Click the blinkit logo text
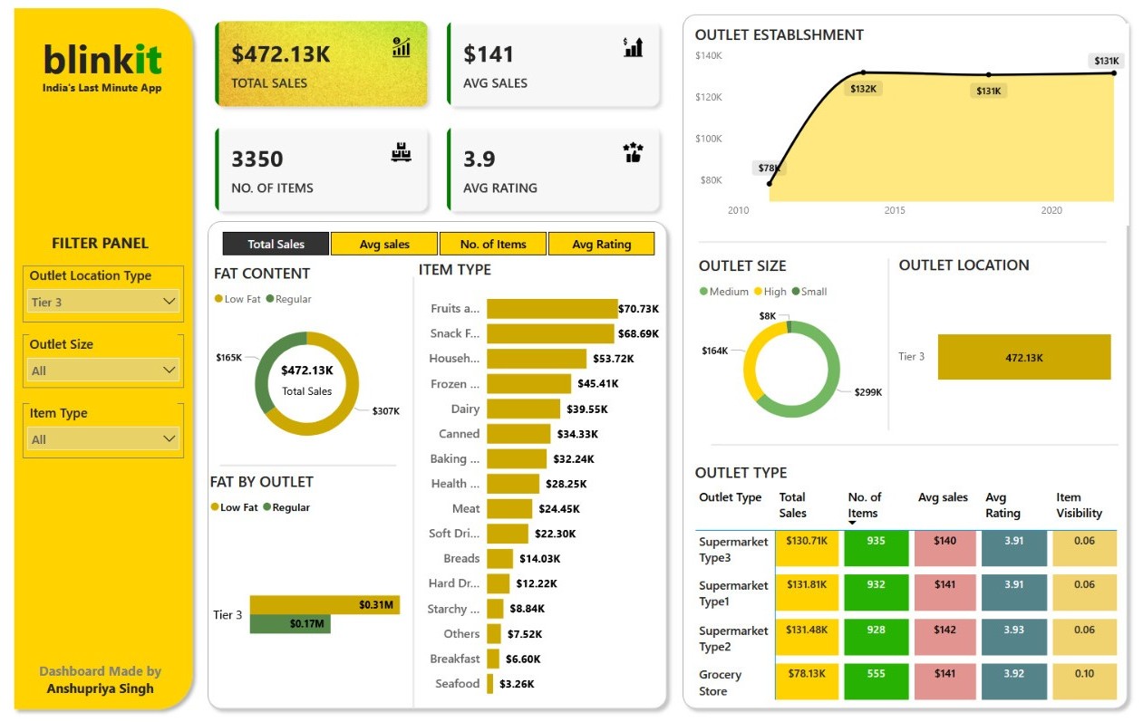tap(102, 60)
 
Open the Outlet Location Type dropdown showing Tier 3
tap(103, 302)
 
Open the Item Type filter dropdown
tap(103, 439)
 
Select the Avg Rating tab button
tap(601, 244)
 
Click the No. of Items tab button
tap(493, 244)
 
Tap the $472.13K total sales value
tap(281, 54)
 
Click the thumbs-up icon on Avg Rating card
tap(633, 153)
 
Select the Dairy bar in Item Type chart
tap(523, 409)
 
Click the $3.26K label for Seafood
tap(516, 684)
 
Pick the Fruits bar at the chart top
tap(551, 309)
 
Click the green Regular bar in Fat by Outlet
tap(290, 624)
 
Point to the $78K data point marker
tap(770, 184)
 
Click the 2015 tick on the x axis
tap(895, 210)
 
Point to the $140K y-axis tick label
tap(709, 55)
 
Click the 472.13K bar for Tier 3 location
tap(1023, 357)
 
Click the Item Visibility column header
tap(1079, 505)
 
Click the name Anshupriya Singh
tap(101, 688)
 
